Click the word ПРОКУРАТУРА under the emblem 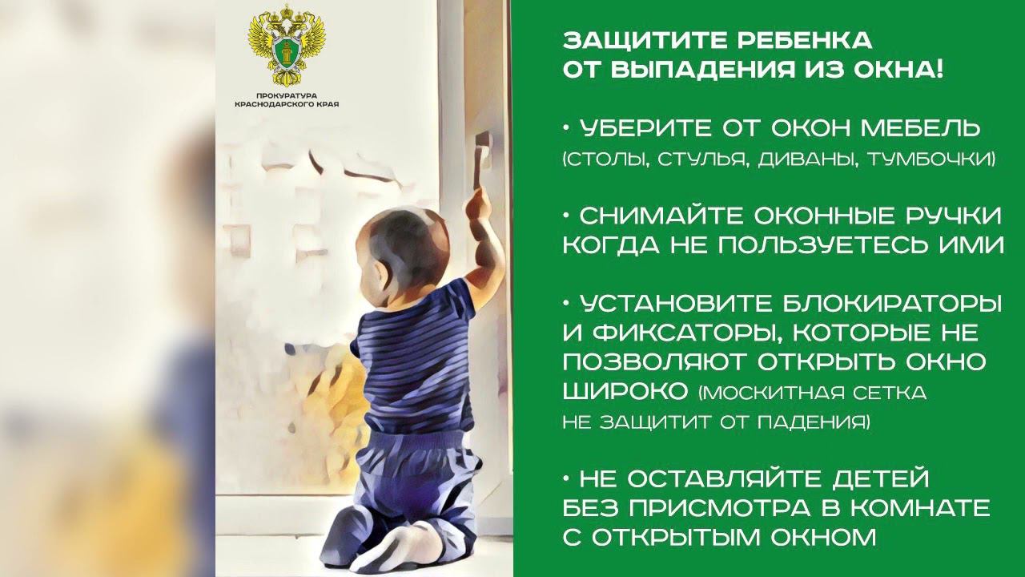[287, 96]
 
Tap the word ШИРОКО [625, 392]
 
